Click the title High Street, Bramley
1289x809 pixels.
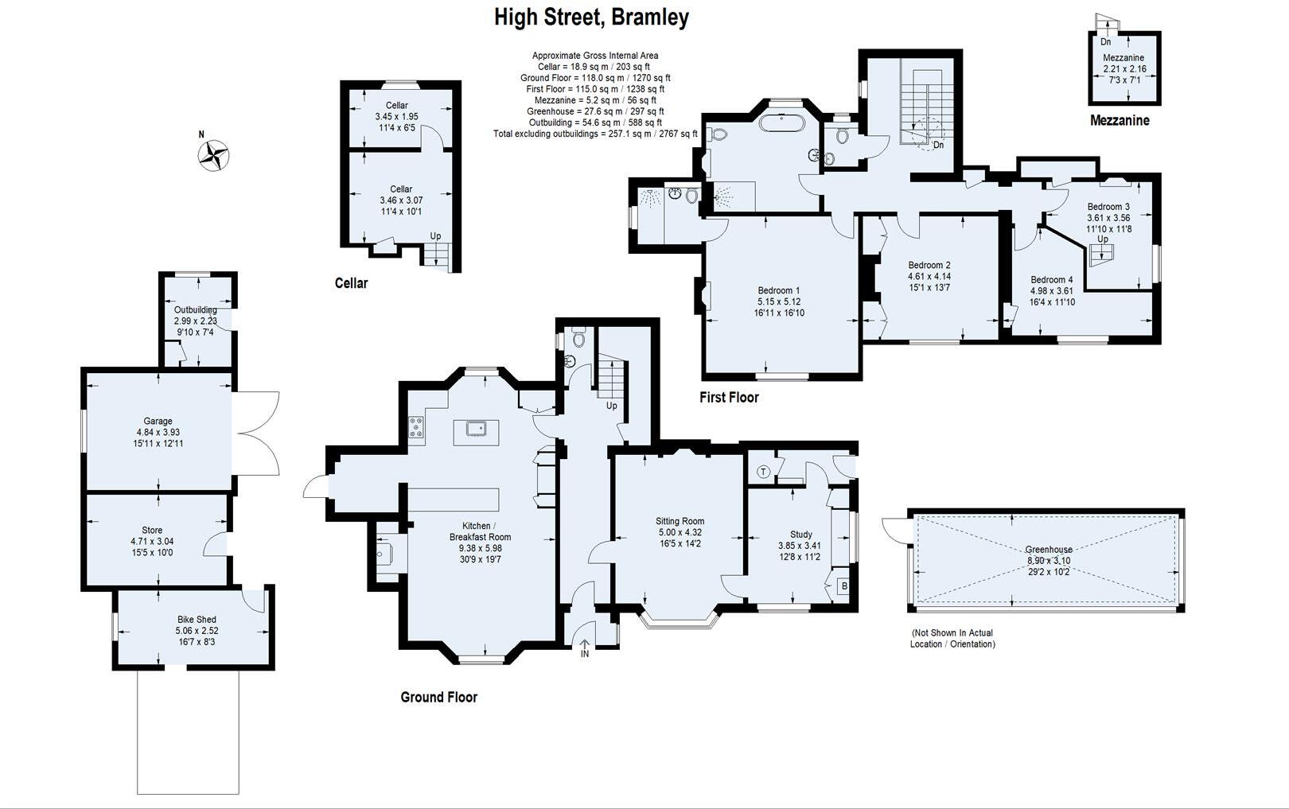(x=591, y=18)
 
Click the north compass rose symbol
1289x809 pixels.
(x=213, y=156)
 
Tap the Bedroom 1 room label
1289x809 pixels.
(x=779, y=290)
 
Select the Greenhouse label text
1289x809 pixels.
(x=1048, y=549)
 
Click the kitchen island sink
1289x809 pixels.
(x=477, y=430)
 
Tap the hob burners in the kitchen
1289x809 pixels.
(x=417, y=428)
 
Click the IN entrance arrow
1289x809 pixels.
(x=585, y=648)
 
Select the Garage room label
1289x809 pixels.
(x=158, y=421)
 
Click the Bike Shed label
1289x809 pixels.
(x=197, y=619)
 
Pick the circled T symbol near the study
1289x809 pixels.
(x=763, y=472)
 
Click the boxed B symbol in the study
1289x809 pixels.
(x=844, y=587)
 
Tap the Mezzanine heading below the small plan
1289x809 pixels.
(x=1119, y=121)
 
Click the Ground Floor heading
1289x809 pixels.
(x=438, y=698)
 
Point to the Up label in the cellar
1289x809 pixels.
(x=435, y=236)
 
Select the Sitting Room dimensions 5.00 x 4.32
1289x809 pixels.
(x=680, y=532)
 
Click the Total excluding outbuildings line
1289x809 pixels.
(x=595, y=134)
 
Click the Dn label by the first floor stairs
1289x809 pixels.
(x=938, y=145)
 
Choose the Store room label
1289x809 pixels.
(x=152, y=530)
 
